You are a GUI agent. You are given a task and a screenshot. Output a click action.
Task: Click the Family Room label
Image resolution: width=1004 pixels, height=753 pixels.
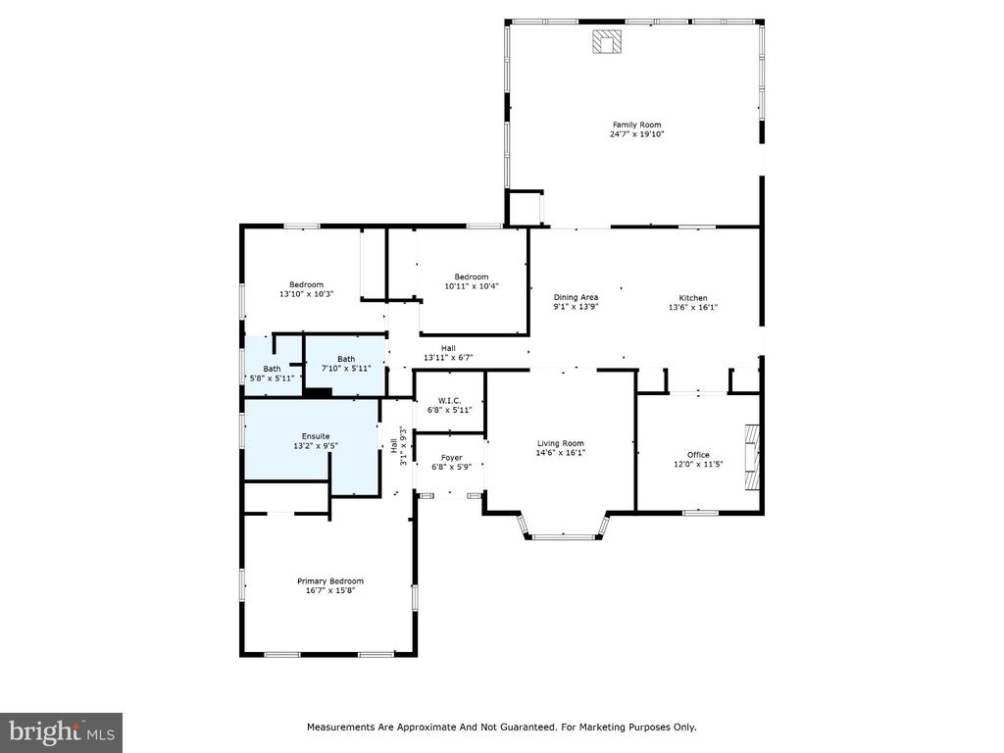coord(636,125)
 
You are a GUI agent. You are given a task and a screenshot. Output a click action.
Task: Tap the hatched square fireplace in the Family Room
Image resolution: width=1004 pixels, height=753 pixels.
coord(606,41)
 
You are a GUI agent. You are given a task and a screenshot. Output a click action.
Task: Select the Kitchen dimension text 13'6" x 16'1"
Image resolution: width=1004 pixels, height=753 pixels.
coord(693,307)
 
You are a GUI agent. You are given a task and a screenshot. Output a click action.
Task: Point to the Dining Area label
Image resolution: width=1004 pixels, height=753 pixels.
coord(576,297)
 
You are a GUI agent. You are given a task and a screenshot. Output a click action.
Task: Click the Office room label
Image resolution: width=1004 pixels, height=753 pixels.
coord(698,455)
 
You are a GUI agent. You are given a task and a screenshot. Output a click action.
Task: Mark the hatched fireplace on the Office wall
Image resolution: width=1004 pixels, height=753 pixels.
coord(752,457)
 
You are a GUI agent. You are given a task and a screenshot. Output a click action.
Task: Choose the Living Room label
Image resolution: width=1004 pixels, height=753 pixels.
coord(560,443)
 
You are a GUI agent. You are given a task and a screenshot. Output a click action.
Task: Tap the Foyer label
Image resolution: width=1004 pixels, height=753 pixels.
coord(451,458)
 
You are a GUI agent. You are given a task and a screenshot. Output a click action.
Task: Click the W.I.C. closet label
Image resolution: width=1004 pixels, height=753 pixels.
coord(449,400)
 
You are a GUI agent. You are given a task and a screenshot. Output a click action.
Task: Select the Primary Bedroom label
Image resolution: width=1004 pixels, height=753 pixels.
coord(330,581)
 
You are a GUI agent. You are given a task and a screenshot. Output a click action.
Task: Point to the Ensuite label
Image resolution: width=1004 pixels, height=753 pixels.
coord(316,436)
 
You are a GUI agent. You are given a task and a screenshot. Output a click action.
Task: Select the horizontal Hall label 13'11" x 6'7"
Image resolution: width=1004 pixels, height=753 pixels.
coord(448,353)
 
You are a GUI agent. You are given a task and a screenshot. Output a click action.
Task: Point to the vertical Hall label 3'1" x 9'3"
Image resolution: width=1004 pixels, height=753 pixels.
coord(398,445)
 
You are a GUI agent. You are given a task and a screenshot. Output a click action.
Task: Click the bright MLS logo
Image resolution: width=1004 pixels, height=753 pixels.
coord(62,732)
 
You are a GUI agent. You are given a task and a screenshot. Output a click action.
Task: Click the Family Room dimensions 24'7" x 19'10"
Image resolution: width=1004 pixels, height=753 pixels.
coord(636,134)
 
